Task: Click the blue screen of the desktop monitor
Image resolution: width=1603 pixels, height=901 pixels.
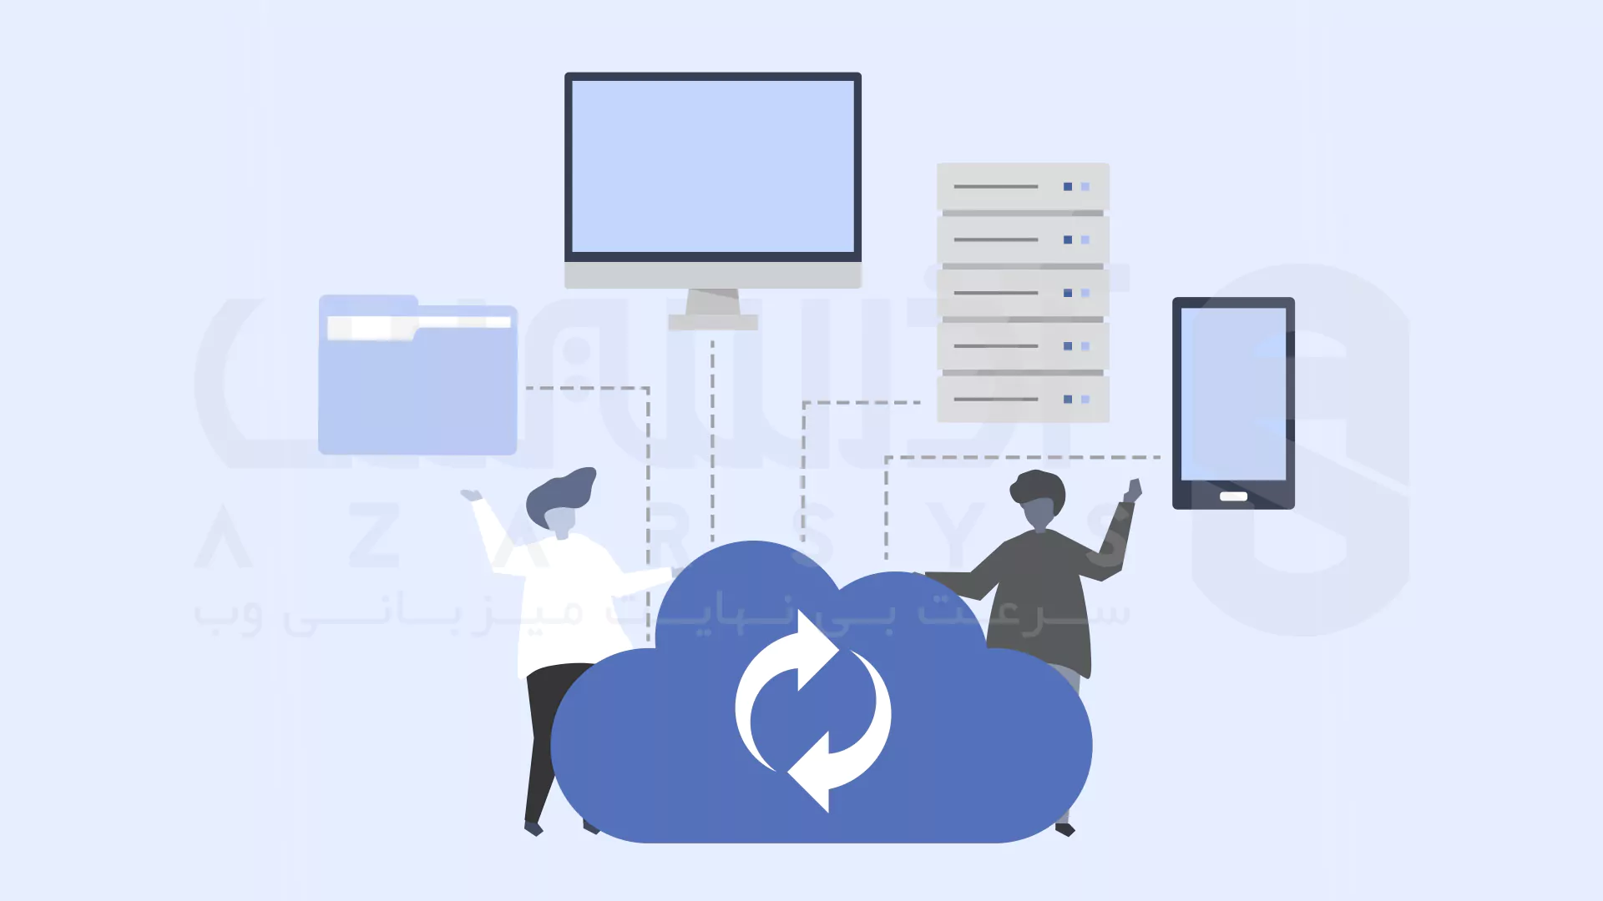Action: tap(712, 165)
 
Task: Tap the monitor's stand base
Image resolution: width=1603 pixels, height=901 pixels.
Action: tap(712, 322)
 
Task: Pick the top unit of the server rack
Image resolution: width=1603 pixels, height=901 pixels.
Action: tap(1022, 186)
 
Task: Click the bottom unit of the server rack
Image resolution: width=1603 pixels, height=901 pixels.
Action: tap(1022, 400)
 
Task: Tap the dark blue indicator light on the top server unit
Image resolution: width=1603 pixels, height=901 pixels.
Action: tap(1067, 187)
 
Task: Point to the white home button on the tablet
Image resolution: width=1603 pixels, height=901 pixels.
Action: tap(1233, 496)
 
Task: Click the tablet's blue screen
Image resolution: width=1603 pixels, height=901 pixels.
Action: tap(1233, 393)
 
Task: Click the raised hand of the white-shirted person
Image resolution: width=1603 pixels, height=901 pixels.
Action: tap(471, 496)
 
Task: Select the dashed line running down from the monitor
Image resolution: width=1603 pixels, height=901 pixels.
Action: tap(712, 442)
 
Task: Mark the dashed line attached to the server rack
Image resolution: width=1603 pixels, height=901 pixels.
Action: tap(860, 402)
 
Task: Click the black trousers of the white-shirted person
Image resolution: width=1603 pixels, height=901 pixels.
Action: tap(543, 734)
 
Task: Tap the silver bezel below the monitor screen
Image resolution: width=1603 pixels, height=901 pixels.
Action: tap(712, 275)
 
